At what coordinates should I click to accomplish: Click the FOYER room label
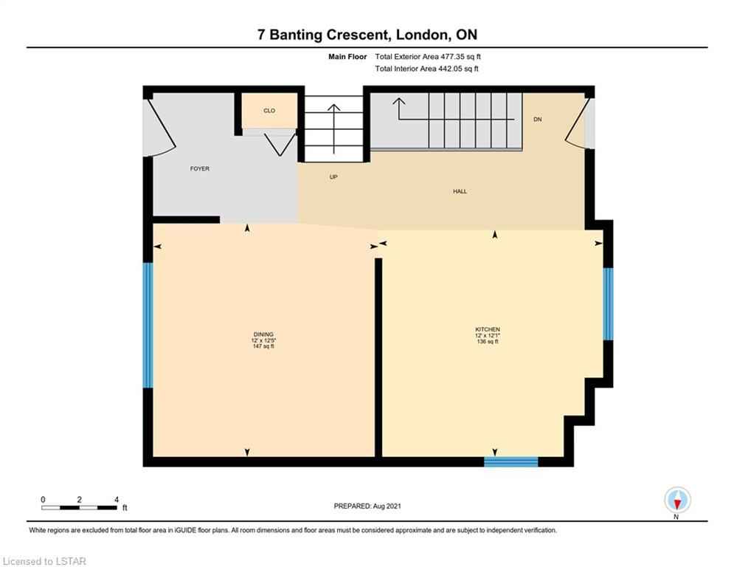pyautogui.click(x=199, y=168)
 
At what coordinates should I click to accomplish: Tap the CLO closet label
pyautogui.click(x=269, y=111)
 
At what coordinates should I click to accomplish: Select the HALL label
pyautogui.click(x=460, y=191)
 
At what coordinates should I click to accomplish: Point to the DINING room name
pyautogui.click(x=263, y=334)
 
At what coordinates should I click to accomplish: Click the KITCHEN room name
pyautogui.click(x=488, y=329)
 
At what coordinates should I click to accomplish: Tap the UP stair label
pyautogui.click(x=333, y=176)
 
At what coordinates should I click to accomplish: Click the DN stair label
pyautogui.click(x=537, y=120)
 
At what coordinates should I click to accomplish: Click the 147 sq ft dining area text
pyautogui.click(x=263, y=346)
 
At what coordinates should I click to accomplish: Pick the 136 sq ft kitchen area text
pyautogui.click(x=488, y=342)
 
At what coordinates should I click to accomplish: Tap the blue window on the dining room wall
pyautogui.click(x=148, y=325)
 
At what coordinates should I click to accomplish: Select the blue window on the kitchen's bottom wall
pyautogui.click(x=510, y=462)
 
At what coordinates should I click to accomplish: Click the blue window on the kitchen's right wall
pyautogui.click(x=608, y=303)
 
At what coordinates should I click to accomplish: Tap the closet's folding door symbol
pyautogui.click(x=280, y=143)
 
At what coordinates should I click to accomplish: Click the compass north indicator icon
pyautogui.click(x=677, y=501)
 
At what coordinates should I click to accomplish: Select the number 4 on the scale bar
pyautogui.click(x=116, y=500)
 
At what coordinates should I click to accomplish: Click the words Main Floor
pyautogui.click(x=347, y=57)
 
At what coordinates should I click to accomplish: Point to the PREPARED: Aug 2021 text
pyautogui.click(x=367, y=506)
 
